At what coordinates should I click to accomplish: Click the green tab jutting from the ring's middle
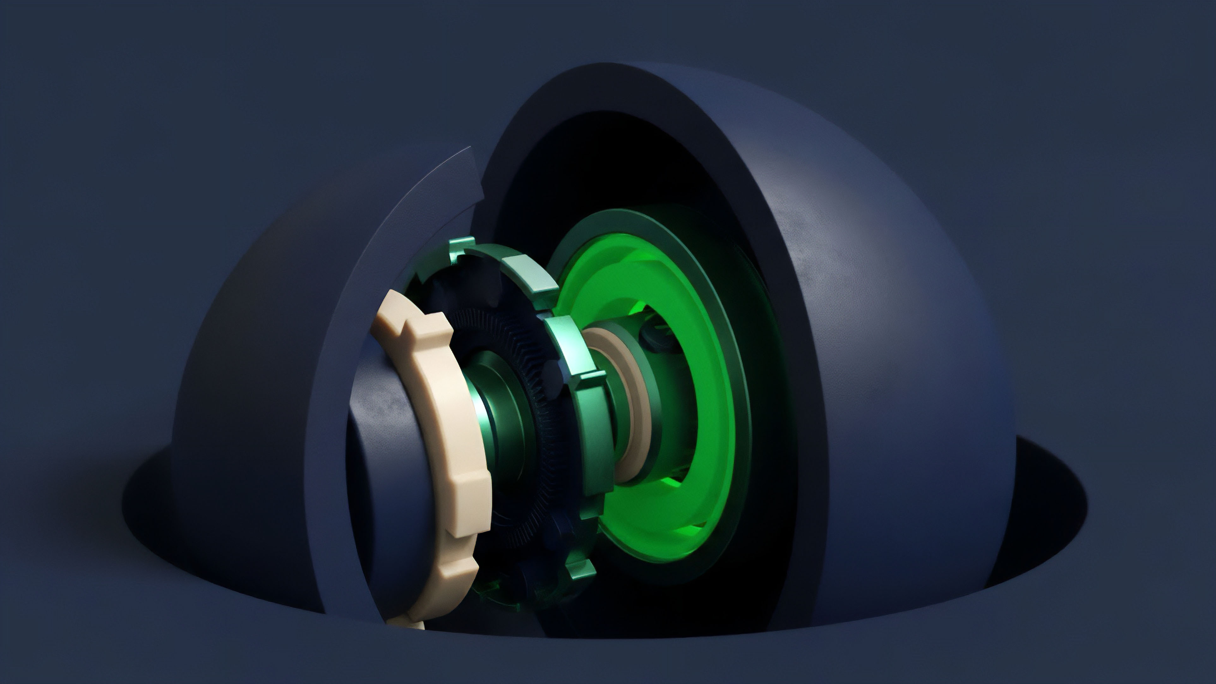[590, 378]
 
